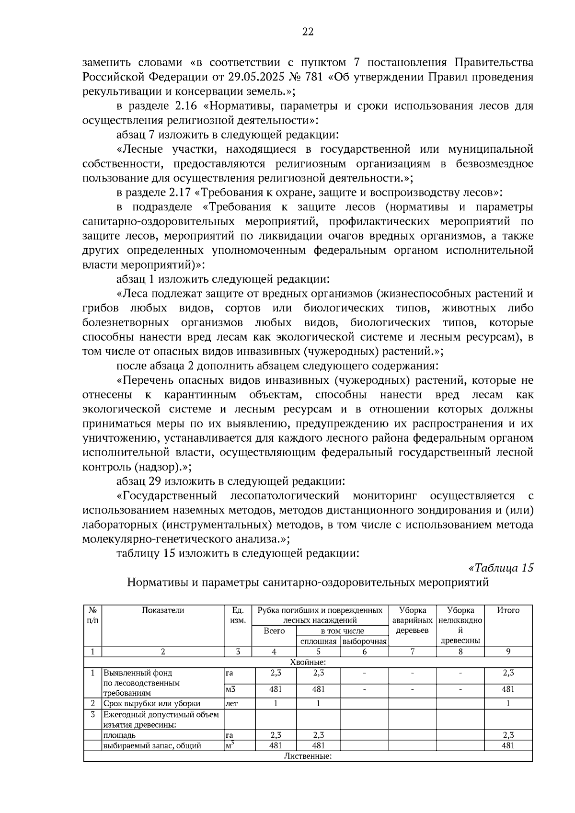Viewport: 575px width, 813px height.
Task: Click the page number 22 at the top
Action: pos(308,32)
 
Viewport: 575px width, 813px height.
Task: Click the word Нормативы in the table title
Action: pos(160,582)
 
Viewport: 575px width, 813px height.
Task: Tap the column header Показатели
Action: pos(163,610)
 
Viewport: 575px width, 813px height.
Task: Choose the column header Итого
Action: pos(508,610)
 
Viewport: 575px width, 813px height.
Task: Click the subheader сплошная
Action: pos(318,641)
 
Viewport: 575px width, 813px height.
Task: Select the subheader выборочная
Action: pos(364,641)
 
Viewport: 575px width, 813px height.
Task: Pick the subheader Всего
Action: pos(274,631)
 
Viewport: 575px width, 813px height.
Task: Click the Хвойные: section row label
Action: pos(308,662)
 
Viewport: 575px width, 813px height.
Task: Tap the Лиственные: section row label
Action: pos(308,756)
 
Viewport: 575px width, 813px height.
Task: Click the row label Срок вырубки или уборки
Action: pos(152,704)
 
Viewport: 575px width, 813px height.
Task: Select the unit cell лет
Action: pos(231,704)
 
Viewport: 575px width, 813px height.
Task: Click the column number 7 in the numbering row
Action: pos(412,652)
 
